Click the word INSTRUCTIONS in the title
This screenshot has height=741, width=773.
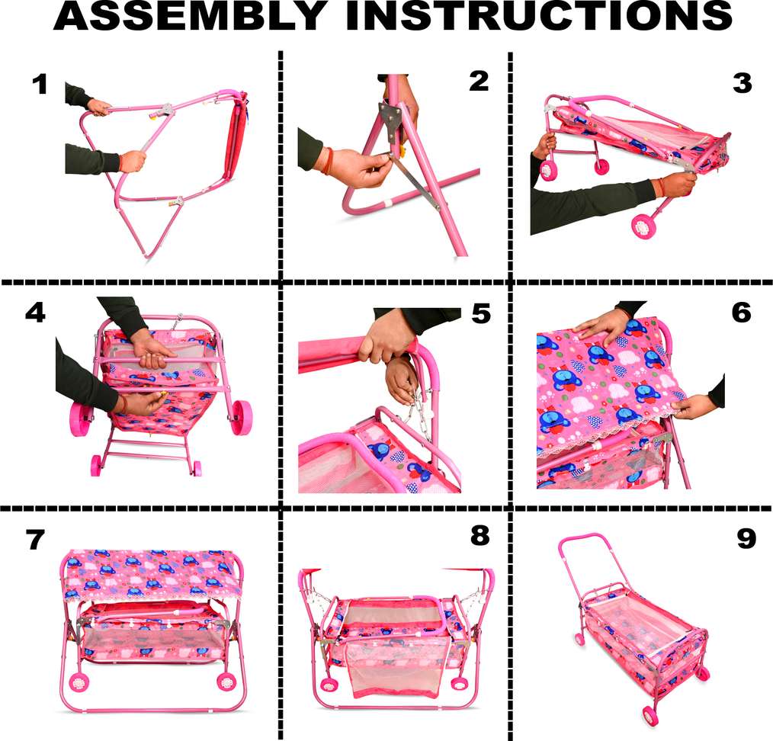tap(539, 16)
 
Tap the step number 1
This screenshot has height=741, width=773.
tap(40, 85)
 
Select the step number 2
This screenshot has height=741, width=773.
tap(479, 82)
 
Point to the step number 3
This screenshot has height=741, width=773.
tap(743, 83)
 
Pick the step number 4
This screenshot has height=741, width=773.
tap(36, 313)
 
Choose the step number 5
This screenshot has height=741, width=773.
tap(481, 313)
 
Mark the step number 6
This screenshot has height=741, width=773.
tap(742, 313)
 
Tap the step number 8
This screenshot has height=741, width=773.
tap(480, 535)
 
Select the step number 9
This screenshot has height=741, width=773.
tap(746, 538)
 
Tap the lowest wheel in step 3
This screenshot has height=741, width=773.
tap(643, 226)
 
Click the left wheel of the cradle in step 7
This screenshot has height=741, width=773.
tap(78, 682)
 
